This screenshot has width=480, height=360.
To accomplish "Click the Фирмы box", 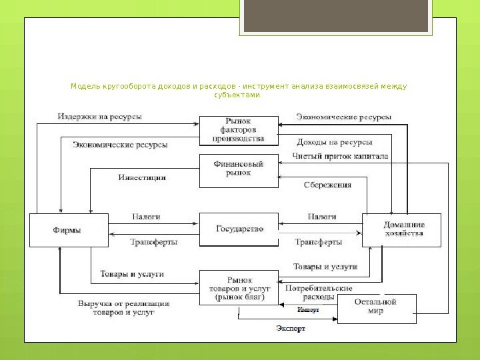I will (68, 230).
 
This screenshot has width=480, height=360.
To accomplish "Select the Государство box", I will (239, 229).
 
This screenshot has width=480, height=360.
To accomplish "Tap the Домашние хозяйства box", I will (401, 230).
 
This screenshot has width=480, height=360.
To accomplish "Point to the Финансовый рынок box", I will (239, 171).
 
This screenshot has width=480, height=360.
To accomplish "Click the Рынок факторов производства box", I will (239, 130).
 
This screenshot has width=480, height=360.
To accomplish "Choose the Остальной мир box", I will (377, 309).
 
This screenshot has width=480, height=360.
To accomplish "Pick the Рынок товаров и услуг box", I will (239, 288).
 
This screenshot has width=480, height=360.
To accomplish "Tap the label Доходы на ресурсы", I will (333, 141).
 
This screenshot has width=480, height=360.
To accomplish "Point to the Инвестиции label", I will (142, 178).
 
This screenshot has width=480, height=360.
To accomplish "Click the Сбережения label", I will (328, 185).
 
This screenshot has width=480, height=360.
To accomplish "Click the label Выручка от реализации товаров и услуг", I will (123, 307).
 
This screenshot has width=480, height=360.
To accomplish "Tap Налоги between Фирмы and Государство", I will (146, 217).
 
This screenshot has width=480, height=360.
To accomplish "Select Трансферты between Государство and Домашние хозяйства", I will (319, 241).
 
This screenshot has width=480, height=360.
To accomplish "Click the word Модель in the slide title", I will (84, 87).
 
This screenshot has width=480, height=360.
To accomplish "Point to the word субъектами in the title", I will (239, 95).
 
